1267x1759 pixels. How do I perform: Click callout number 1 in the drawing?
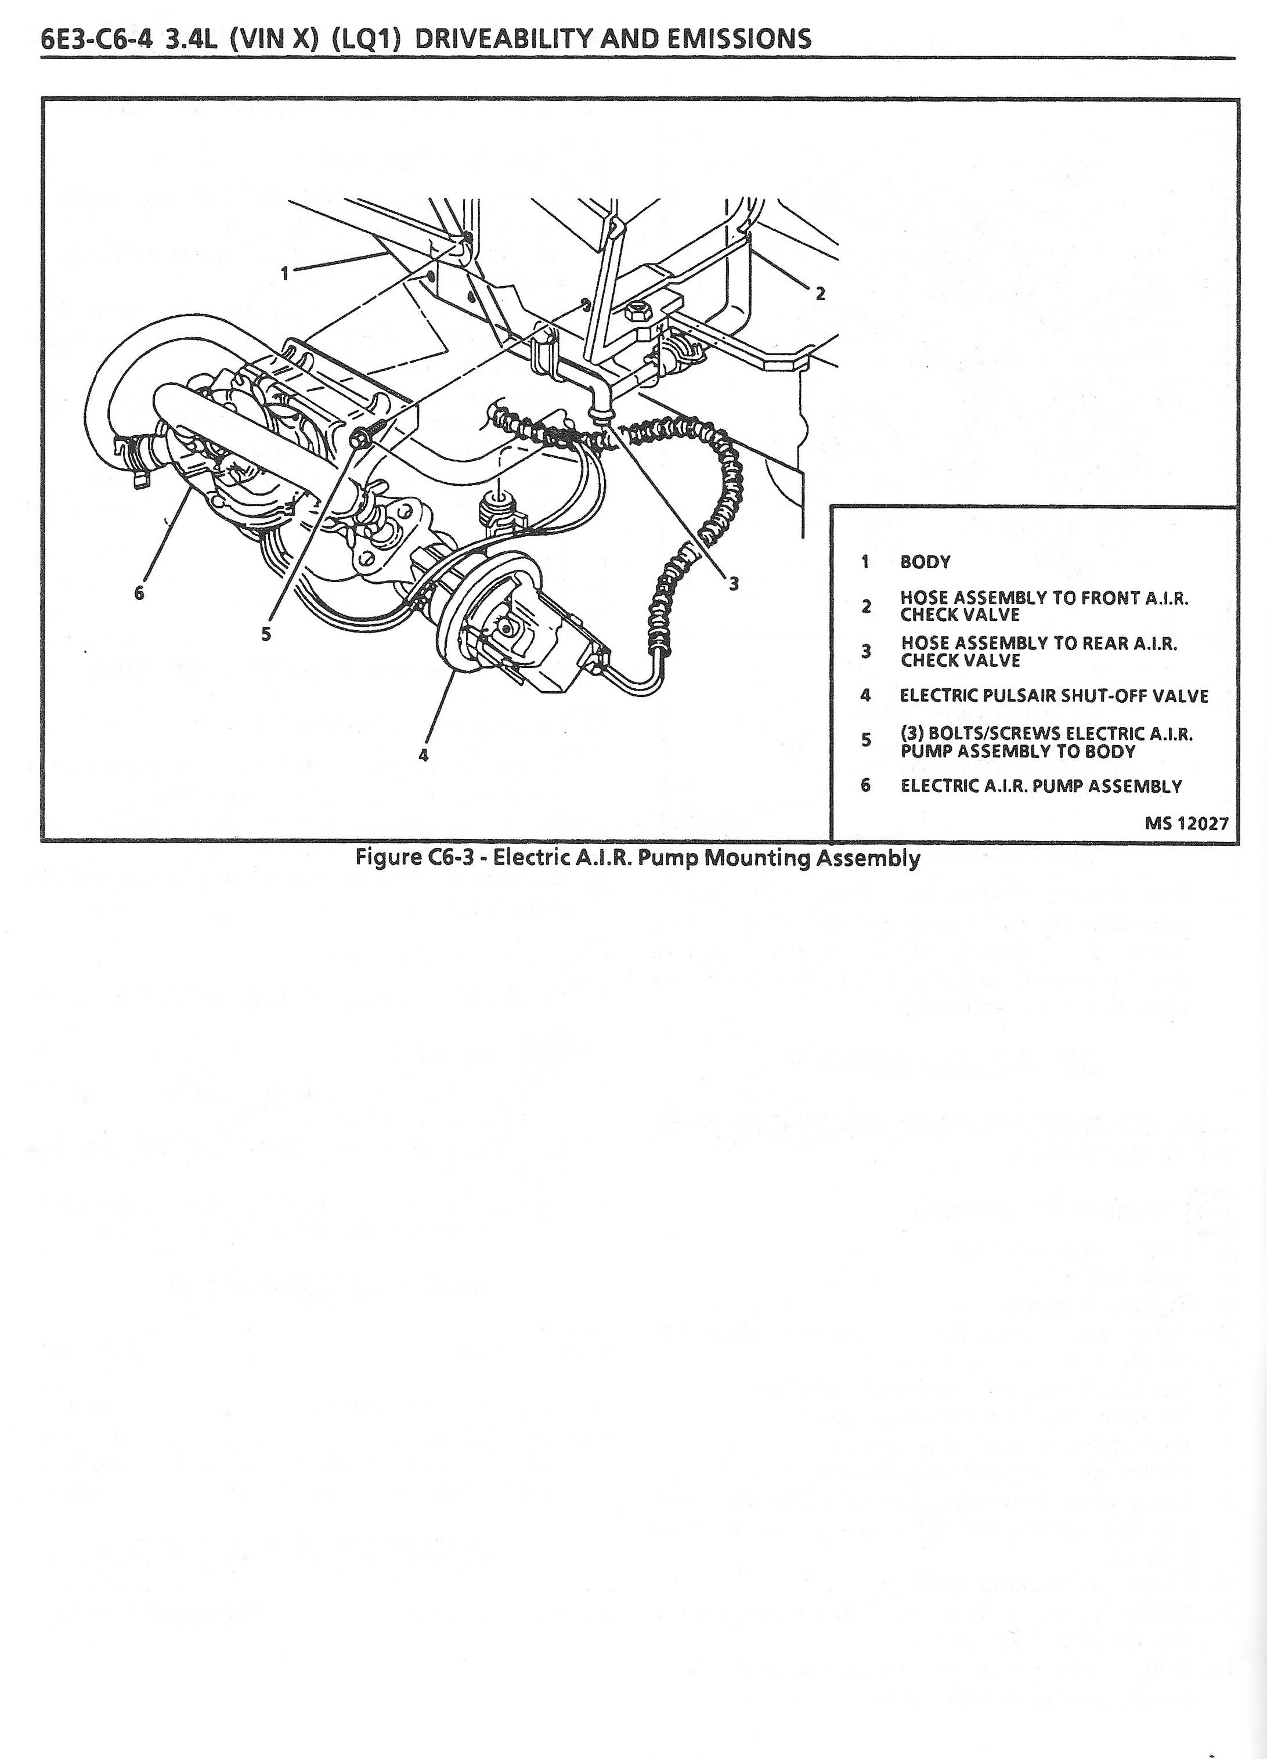click(285, 272)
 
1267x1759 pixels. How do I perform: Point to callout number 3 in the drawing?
click(733, 584)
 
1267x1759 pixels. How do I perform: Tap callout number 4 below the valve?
click(423, 754)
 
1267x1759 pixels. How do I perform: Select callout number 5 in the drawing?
click(266, 634)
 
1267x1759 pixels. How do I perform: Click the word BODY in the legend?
click(925, 562)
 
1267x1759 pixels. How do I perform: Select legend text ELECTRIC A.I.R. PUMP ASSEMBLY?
click(1041, 786)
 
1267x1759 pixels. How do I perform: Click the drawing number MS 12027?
click(1186, 823)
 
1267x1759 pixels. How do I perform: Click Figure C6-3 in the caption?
click(409, 858)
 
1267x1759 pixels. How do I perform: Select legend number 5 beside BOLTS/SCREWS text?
click(866, 740)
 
